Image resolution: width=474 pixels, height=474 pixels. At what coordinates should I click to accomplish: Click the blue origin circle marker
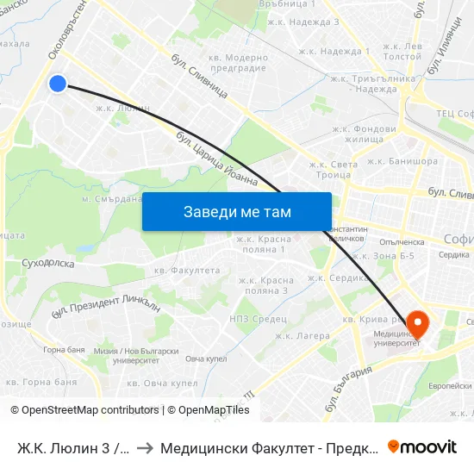pos(58,84)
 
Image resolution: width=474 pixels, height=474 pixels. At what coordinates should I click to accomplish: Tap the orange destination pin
pos(417,324)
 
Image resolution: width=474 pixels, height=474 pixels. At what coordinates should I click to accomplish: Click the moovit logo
pos(422,446)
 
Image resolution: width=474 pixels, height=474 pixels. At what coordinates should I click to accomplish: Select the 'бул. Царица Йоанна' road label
pos(216,158)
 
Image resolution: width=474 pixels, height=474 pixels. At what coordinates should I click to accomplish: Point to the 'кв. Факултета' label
pos(187,270)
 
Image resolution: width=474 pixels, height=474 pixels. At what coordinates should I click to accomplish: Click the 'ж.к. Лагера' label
pos(302,336)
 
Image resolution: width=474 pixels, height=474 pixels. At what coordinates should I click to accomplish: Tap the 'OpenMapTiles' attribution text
pos(209,410)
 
